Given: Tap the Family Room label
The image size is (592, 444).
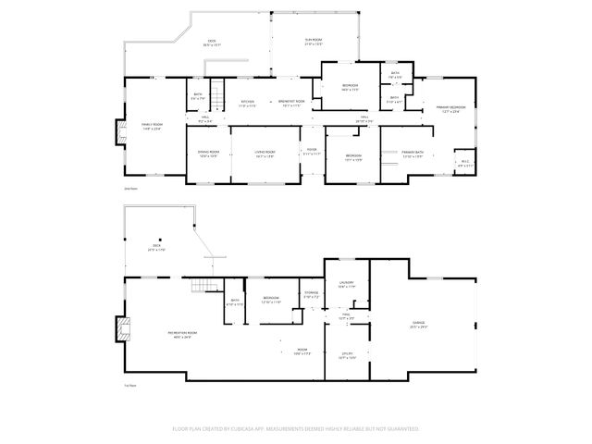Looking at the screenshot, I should click(x=152, y=126).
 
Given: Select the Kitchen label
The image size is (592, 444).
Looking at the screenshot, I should click(x=248, y=103).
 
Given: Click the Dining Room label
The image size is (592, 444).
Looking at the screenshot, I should click(x=208, y=154).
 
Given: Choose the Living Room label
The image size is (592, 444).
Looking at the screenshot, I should click(x=266, y=154).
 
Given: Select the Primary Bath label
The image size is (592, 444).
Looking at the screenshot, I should click(x=413, y=154).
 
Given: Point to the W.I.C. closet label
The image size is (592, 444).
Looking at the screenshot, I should click(x=466, y=165).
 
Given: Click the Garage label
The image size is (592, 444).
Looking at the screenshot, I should click(x=419, y=325).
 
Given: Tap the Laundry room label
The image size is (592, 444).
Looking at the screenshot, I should click(x=347, y=285).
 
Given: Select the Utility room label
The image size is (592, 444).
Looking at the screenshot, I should click(x=348, y=354).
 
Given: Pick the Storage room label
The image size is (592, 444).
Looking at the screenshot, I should click(x=311, y=294).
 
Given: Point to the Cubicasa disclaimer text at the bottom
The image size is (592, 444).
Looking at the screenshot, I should click(x=295, y=429).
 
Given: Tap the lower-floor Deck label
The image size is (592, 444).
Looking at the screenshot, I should click(x=156, y=248).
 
